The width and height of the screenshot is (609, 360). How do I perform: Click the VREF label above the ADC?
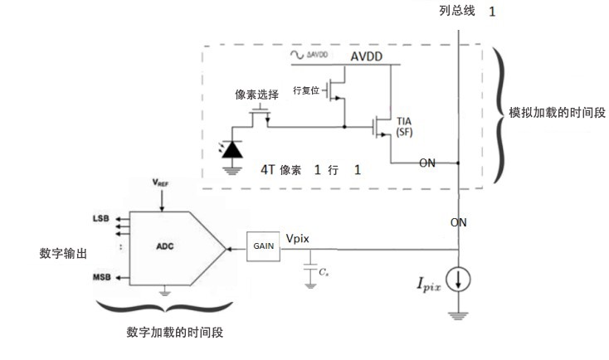click(162, 180)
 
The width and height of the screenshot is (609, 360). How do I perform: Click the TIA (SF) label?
click(405, 127)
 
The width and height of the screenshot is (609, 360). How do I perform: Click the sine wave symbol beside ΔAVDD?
click(296, 55)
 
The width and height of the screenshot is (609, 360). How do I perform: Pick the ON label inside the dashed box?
click(426, 163)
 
